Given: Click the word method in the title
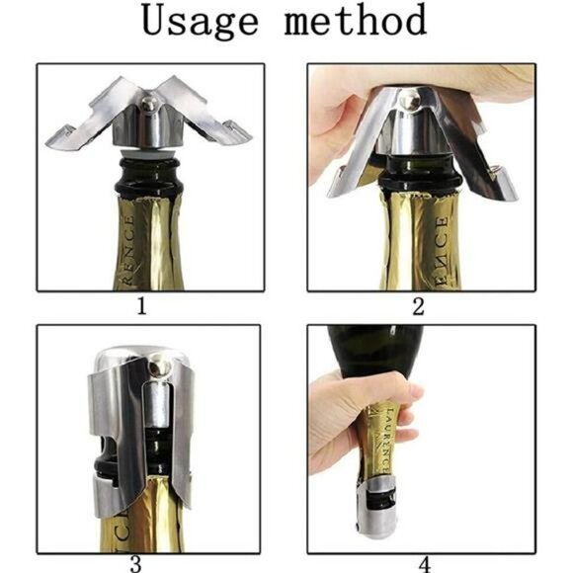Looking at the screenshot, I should [x=356, y=22].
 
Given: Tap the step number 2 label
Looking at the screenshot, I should [x=417, y=306].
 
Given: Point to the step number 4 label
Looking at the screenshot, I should [x=425, y=565].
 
